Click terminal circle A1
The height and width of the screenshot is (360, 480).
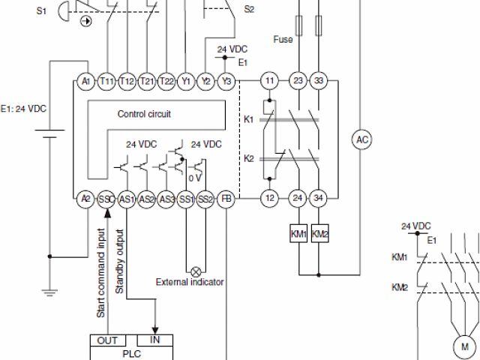point(85,80)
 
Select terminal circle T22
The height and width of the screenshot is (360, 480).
point(167,80)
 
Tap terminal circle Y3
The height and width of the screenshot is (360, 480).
point(226,80)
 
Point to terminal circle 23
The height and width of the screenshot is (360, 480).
point(298,80)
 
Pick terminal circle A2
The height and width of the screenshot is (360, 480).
point(85,198)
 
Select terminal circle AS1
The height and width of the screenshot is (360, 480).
point(127,198)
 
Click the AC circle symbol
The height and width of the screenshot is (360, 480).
point(362,139)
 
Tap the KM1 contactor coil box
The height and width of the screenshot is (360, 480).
point(298,234)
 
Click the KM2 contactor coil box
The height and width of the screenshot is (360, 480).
point(319,234)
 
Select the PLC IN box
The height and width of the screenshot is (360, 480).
point(155,340)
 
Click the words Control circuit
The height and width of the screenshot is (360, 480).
point(145,115)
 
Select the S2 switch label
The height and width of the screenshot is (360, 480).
point(250,9)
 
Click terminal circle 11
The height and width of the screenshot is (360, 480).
point(268,80)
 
